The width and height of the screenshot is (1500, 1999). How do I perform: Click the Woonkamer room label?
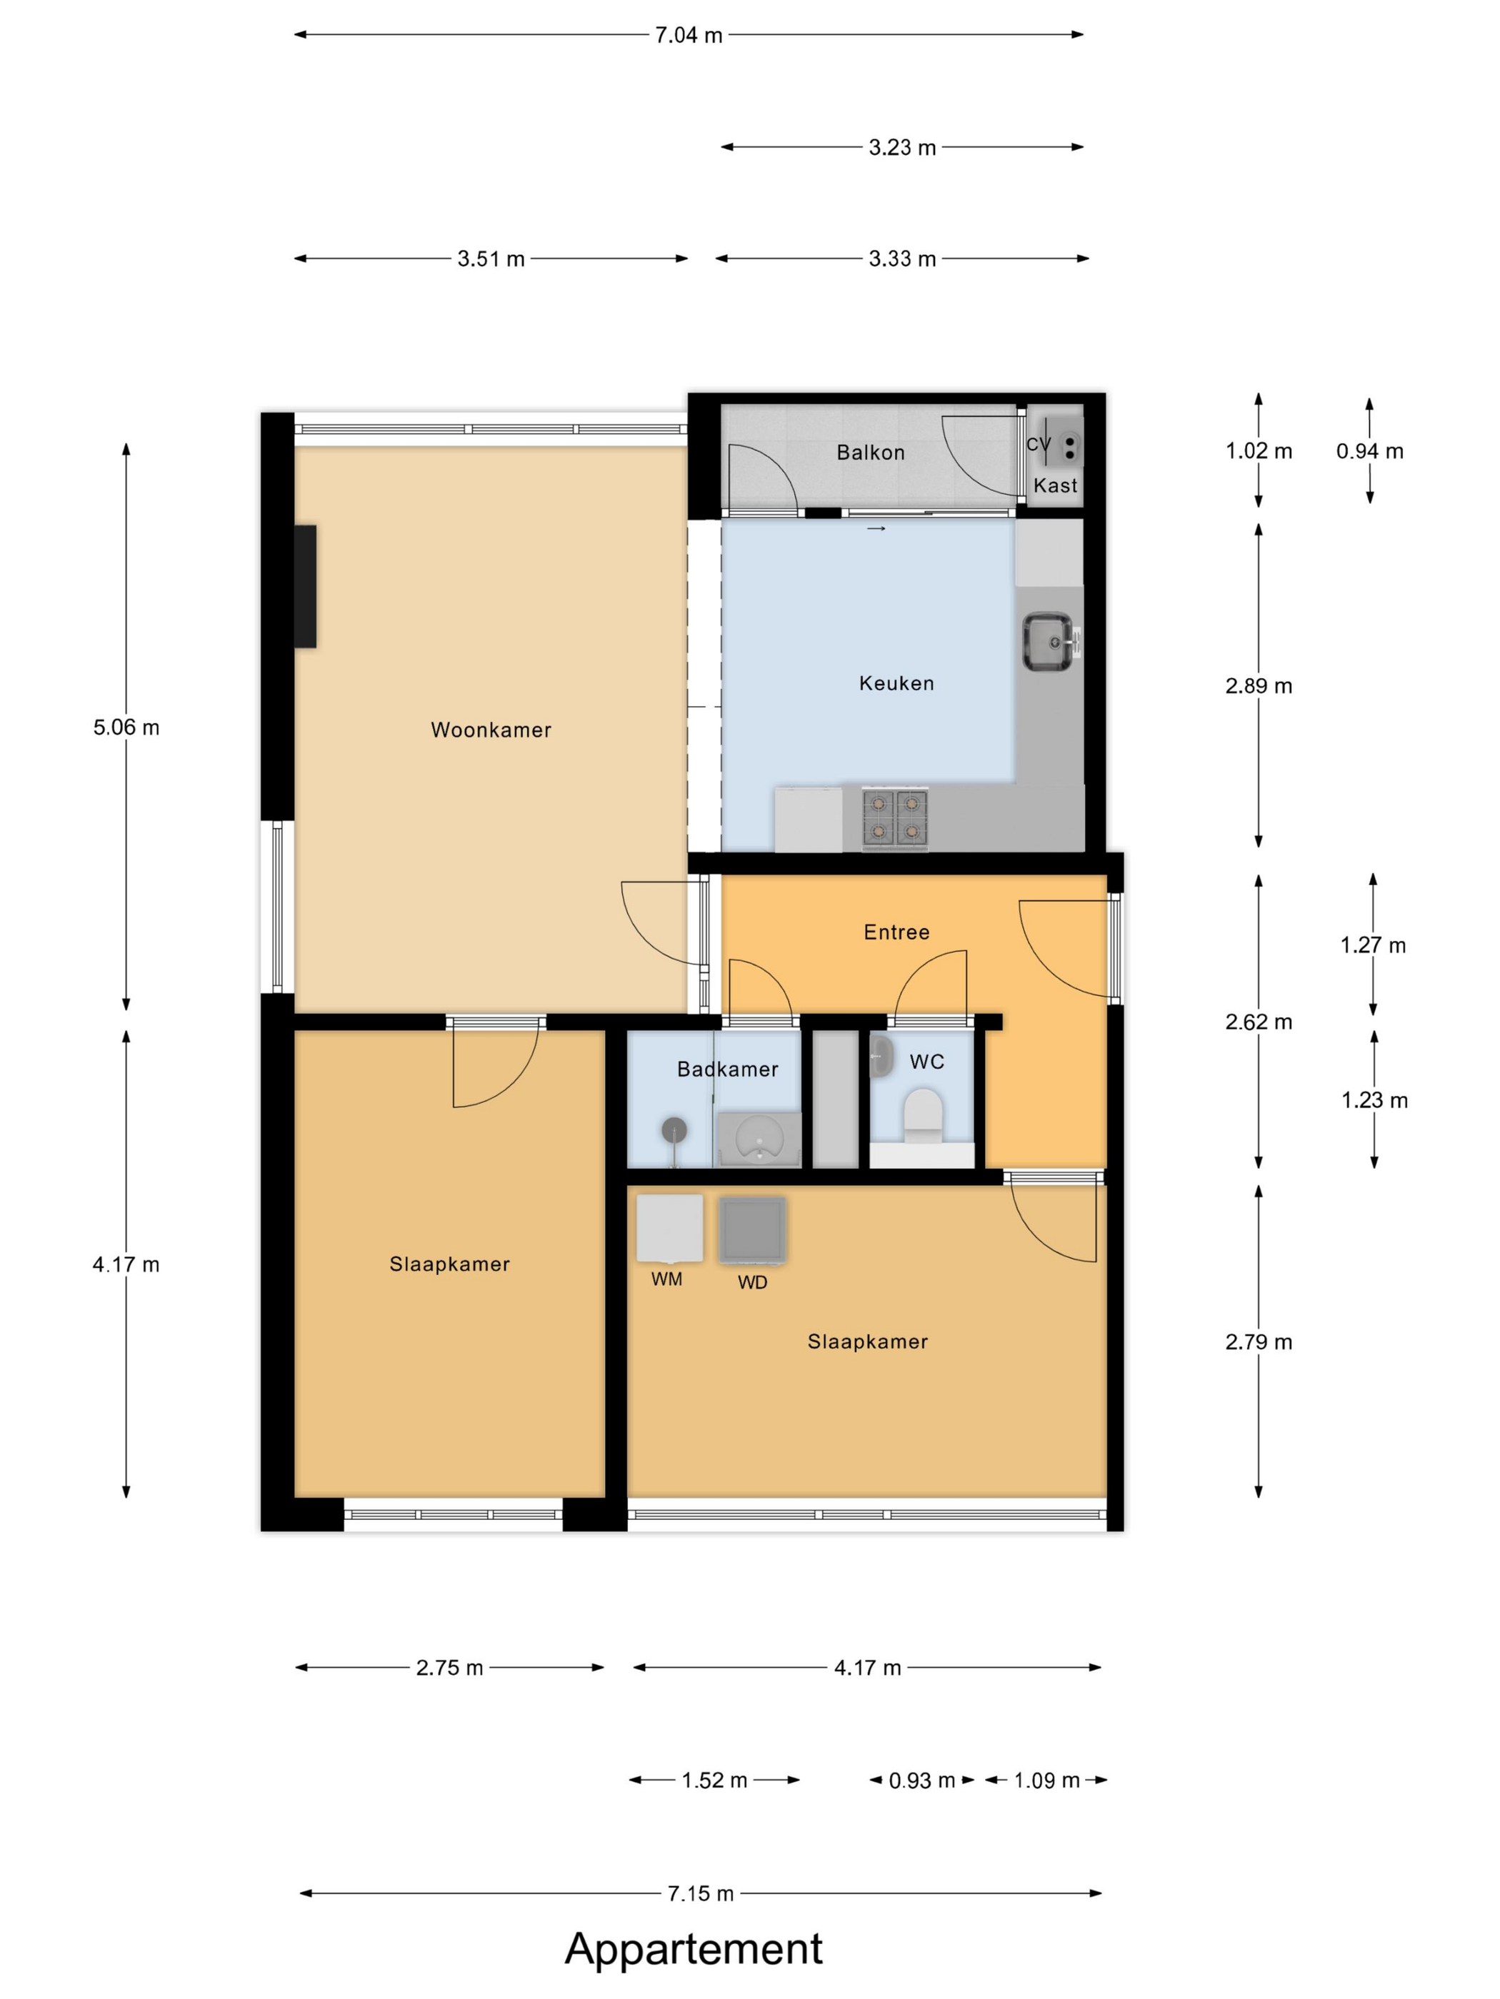tap(491, 730)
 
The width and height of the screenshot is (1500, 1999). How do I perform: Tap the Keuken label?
tap(896, 683)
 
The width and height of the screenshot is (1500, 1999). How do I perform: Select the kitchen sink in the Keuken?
tap(1048, 643)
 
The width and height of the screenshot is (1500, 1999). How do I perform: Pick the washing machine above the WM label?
tap(670, 1228)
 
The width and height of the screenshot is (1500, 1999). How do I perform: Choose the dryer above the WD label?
tap(752, 1229)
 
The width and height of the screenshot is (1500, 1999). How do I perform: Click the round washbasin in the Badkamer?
tap(759, 1139)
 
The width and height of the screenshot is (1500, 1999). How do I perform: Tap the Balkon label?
tap(871, 453)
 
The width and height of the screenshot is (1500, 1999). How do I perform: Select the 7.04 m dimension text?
tap(689, 35)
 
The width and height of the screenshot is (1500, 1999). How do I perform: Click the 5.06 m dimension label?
tap(126, 727)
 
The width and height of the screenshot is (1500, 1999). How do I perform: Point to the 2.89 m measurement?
tap(1259, 686)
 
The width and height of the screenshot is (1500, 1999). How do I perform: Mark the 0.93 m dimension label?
tap(922, 1781)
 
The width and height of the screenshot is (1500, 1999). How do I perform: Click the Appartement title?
tap(694, 1948)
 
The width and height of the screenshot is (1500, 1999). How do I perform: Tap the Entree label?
tap(896, 932)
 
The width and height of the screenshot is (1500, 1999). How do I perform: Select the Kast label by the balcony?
tap(1055, 485)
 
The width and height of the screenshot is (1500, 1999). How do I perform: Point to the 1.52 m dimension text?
tap(714, 1781)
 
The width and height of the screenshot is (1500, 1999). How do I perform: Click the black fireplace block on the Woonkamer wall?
tap(306, 587)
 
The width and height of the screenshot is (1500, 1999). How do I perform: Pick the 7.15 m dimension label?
tap(701, 1893)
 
